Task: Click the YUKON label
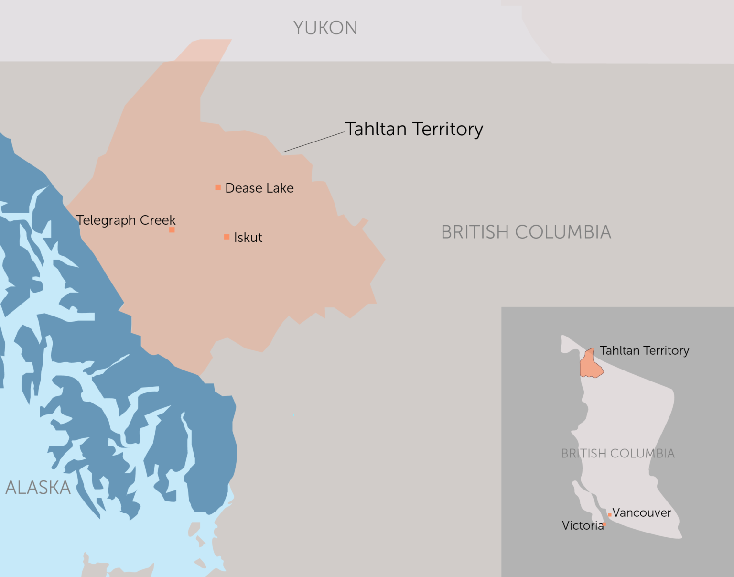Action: point(325,28)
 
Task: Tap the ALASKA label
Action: point(38,488)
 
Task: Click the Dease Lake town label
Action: point(259,188)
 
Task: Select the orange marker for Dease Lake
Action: point(218,187)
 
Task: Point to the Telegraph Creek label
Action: point(126,220)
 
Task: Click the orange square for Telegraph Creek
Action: point(172,230)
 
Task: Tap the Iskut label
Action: point(248,238)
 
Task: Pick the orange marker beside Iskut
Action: point(227,237)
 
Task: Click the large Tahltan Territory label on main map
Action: point(414,129)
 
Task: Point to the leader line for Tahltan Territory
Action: point(313,142)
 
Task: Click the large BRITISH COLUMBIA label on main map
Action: point(526,232)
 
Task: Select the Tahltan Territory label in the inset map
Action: point(644,350)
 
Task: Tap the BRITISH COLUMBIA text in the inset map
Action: point(617,453)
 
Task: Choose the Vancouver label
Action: point(642,512)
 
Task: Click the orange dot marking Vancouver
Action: point(610,515)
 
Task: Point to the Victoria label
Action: point(582,526)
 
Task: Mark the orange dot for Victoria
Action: point(604,524)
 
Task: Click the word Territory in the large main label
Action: point(447,129)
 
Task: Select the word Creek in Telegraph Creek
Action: point(158,220)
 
